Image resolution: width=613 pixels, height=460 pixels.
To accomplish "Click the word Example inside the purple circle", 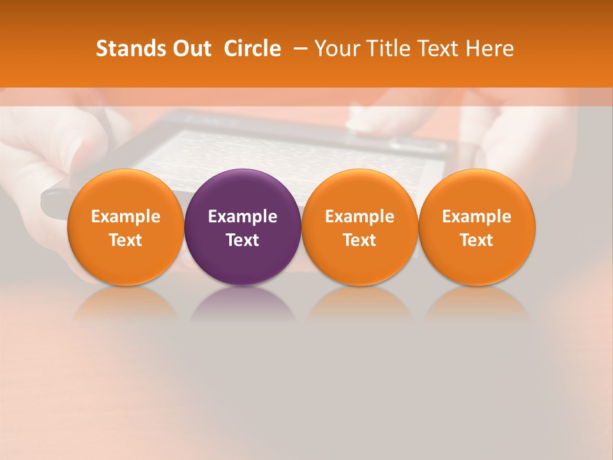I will (243, 217).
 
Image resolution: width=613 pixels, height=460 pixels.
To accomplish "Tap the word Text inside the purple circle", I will (243, 240).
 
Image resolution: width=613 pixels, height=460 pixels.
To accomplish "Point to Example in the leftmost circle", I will (126, 217).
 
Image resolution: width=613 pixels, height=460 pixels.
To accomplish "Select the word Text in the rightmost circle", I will (477, 240).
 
